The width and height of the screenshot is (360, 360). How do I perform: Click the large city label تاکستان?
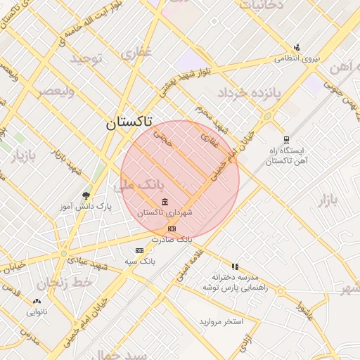[129, 123]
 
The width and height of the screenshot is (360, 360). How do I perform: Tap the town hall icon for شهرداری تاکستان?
[165, 202]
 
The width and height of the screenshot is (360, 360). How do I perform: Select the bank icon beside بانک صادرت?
[172, 229]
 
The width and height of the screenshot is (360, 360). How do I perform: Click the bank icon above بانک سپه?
[139, 250]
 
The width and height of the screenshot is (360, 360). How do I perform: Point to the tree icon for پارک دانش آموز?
[86, 195]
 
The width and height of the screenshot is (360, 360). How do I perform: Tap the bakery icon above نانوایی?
[37, 302]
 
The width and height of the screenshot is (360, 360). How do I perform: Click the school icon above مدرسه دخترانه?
[235, 267]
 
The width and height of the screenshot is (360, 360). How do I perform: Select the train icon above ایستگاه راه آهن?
[285, 139]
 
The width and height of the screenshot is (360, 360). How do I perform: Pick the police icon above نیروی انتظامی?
[297, 48]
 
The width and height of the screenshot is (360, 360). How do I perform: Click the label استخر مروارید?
[221, 321]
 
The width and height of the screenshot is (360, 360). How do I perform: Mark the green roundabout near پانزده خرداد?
[267, 116]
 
